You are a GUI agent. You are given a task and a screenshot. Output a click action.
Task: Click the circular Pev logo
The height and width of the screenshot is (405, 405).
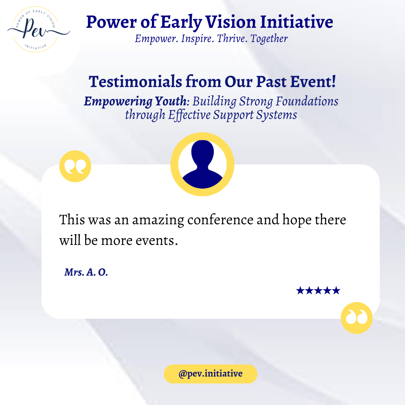(36, 30)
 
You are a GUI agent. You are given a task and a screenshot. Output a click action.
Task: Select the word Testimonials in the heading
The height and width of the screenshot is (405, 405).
(135, 82)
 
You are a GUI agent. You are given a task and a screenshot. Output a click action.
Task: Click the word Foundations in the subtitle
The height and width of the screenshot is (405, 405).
(307, 101)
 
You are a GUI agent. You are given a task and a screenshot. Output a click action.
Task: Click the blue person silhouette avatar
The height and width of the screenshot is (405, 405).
(202, 164)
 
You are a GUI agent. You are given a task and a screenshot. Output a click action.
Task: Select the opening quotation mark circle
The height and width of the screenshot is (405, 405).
(75, 166)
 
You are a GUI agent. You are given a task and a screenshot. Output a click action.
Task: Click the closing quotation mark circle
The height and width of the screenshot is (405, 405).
(357, 318)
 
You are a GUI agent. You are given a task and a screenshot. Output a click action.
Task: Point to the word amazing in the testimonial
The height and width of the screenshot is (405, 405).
(158, 220)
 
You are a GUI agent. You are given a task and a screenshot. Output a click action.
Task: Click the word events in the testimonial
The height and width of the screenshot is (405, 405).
(157, 240)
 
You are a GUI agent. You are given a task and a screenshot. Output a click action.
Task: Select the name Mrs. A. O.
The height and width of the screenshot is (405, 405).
(86, 272)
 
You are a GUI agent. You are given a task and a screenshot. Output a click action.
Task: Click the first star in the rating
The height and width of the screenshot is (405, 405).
(300, 291)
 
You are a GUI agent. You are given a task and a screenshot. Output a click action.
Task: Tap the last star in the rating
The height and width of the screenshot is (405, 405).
(336, 291)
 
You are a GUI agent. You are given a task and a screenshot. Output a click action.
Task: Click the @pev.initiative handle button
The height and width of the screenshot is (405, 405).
(210, 374)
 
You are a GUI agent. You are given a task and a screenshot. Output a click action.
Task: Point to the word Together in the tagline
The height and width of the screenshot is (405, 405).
(269, 39)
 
